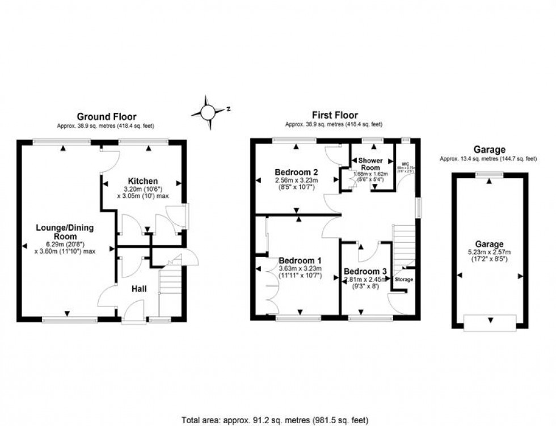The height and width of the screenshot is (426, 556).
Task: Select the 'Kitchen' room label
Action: coord(143,181)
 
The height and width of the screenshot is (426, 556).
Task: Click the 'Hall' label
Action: coord(139,289)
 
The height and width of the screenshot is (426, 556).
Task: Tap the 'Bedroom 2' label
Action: coord(296,172)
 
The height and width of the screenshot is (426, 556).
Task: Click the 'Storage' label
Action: coord(404,280)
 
